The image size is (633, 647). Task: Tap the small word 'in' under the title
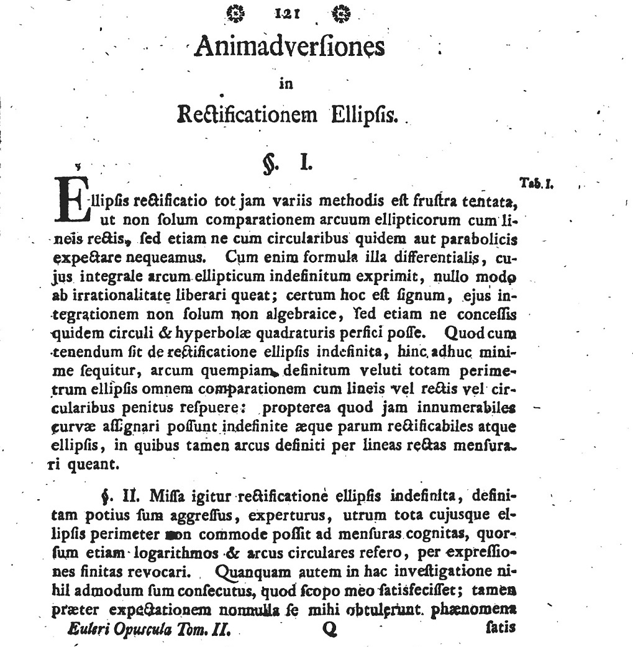286,84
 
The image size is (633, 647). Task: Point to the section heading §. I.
286,163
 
